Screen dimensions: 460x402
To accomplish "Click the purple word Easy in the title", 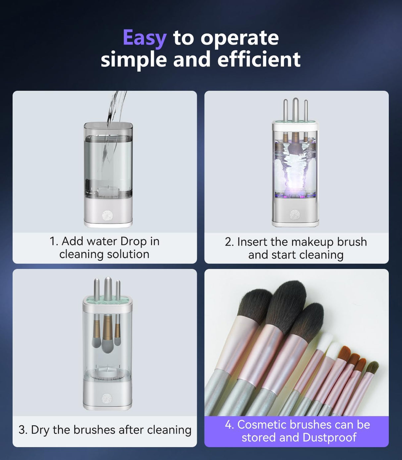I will tap(144, 38).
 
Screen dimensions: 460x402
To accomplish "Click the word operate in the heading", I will tap(239, 38).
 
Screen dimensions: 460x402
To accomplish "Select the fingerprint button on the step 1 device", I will tap(108, 216).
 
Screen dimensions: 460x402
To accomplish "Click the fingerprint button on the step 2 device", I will tap(295, 215).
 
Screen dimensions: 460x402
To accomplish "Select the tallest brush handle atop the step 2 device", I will tap(295, 109).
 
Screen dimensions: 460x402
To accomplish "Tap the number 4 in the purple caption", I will tap(229, 425).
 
